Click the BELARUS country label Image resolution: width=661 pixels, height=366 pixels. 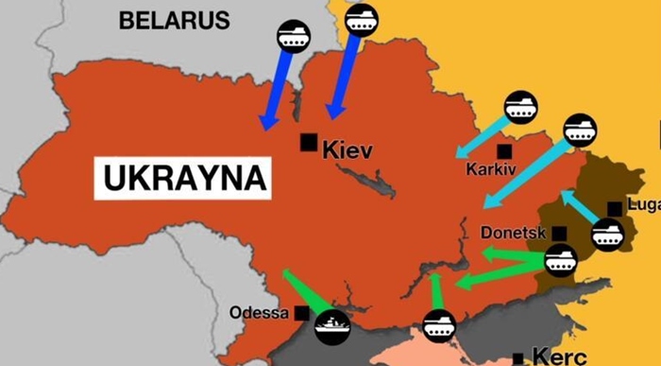click(x=174, y=20)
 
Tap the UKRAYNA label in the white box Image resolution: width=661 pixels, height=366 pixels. click(x=181, y=176)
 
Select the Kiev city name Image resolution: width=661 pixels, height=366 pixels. click(x=347, y=149)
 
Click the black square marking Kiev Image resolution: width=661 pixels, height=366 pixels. click(x=308, y=142)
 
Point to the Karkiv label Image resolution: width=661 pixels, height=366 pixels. click(x=491, y=170)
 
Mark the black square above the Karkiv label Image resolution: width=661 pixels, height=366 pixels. click(x=505, y=150)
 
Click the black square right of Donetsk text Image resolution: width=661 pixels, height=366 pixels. click(x=559, y=233)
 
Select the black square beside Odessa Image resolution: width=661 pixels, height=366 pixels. click(x=301, y=313)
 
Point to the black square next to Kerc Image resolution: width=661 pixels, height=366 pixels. click(x=517, y=357)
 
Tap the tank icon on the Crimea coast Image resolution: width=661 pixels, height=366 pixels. click(x=438, y=326)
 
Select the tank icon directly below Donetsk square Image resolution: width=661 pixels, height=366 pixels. click(x=560, y=261)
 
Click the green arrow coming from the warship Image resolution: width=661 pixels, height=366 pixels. click(x=303, y=289)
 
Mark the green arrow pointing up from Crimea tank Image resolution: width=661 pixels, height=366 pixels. click(x=435, y=291)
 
